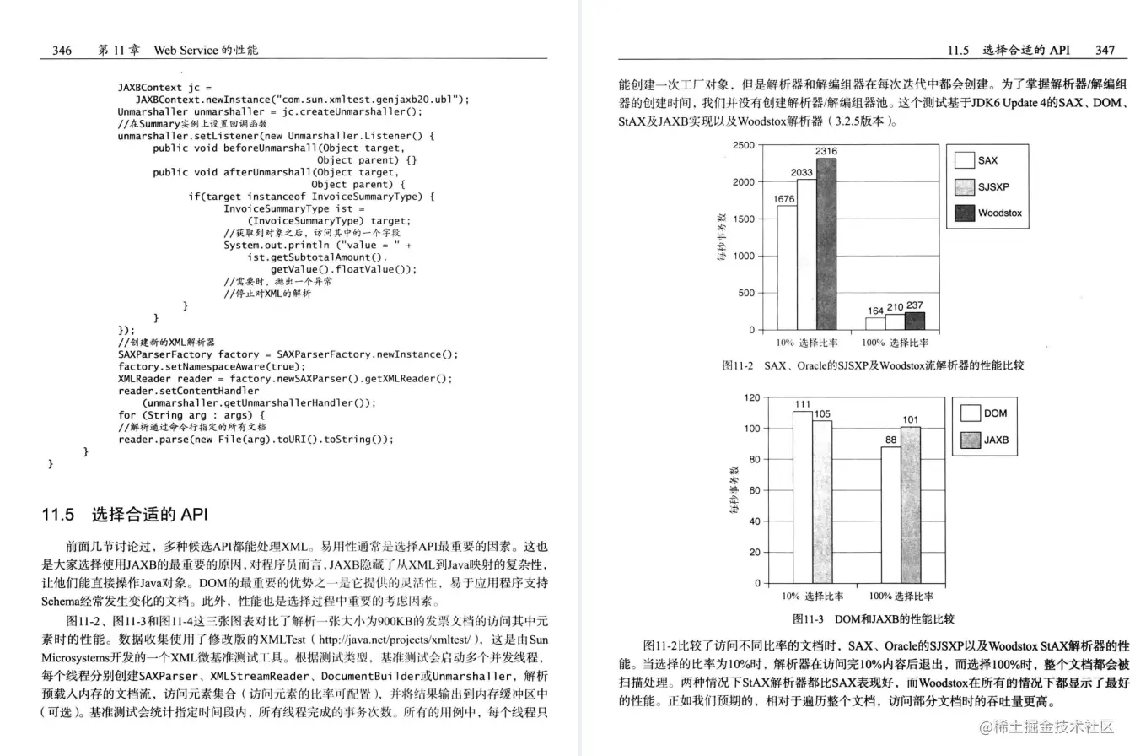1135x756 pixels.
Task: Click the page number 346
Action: [62, 50]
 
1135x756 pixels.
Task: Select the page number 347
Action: [1105, 50]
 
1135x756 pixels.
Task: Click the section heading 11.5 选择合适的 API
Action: [124, 514]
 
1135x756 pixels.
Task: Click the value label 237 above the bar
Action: [915, 305]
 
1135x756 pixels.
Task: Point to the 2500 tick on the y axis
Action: [743, 145]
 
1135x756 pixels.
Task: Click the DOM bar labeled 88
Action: [890, 514]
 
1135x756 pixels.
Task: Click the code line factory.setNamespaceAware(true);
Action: [210, 366]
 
